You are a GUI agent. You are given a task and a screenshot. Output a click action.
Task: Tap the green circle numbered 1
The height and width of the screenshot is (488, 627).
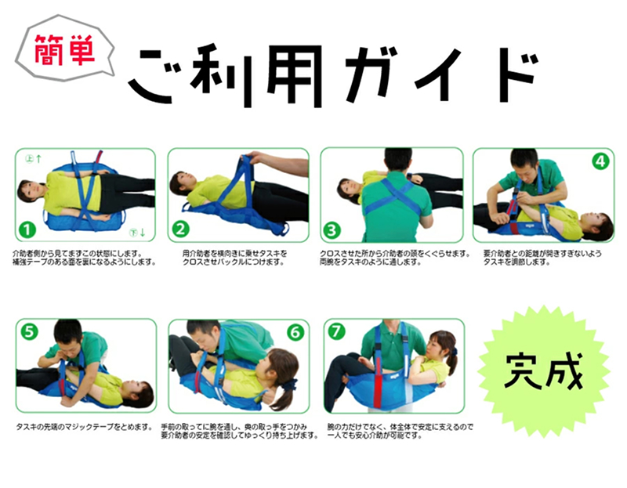(28, 230)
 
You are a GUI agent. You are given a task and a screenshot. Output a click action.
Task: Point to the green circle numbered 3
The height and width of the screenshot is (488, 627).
(333, 230)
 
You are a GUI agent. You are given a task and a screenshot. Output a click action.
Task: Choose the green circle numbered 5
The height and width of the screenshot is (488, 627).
(29, 331)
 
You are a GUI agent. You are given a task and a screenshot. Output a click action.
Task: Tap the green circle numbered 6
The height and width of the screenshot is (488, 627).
(295, 331)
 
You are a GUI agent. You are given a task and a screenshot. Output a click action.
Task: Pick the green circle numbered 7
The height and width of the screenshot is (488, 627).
(336, 331)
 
